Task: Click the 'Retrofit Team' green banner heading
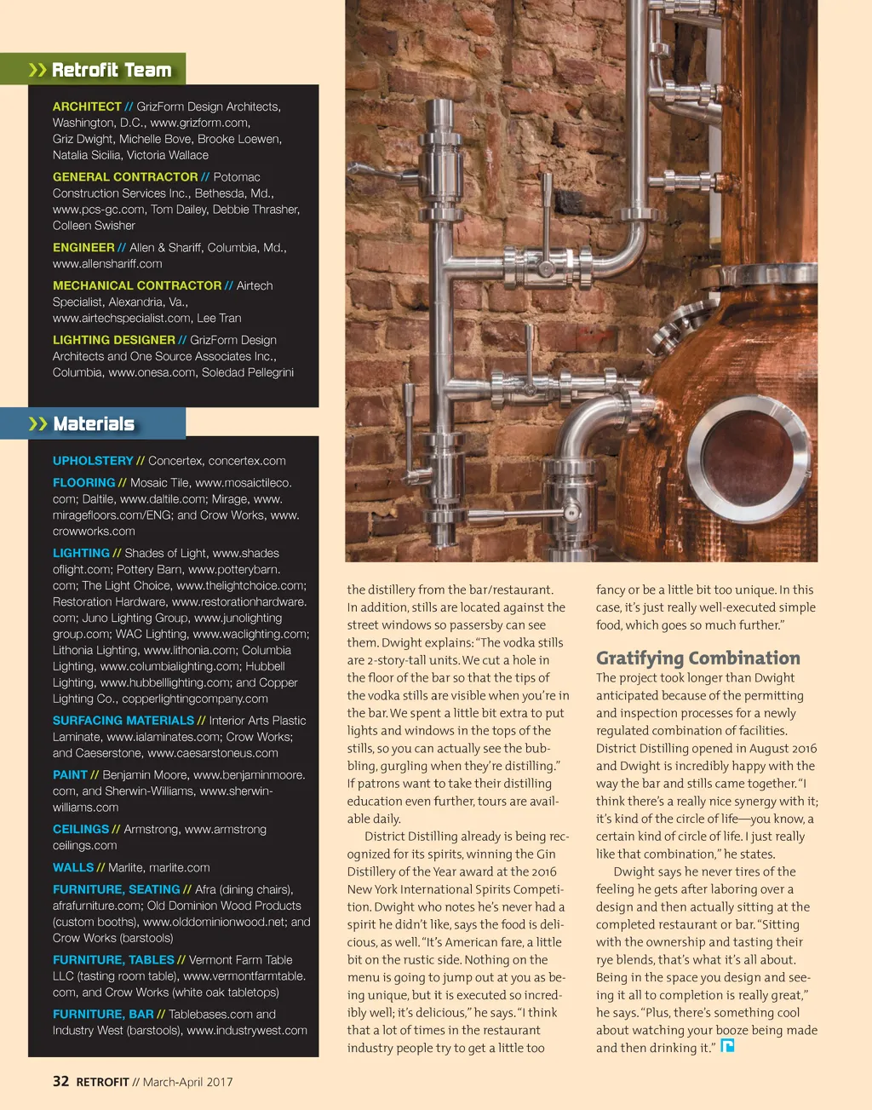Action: tap(111, 70)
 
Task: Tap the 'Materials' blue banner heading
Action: tap(94, 424)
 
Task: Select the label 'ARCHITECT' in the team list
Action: tap(87, 106)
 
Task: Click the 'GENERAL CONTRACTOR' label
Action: tap(125, 177)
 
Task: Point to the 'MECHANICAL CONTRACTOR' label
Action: tap(137, 286)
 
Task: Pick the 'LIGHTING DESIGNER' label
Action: tap(114, 340)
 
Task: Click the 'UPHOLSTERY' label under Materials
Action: tap(93, 461)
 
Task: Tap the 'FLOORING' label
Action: tap(83, 483)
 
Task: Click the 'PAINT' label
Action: tap(70, 775)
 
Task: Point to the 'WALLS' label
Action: tap(73, 868)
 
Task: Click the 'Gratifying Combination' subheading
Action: tap(697, 658)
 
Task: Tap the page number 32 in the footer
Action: tap(60, 1082)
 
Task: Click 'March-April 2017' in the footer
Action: tap(187, 1083)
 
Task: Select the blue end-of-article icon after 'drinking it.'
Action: tap(727, 1046)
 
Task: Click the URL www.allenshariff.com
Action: tap(107, 264)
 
